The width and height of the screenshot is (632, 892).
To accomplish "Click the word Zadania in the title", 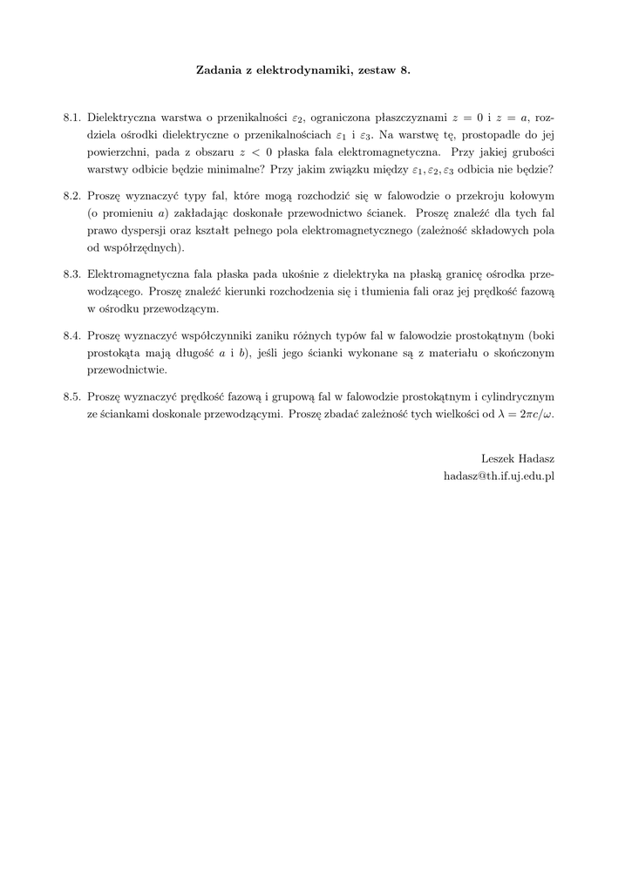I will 220,70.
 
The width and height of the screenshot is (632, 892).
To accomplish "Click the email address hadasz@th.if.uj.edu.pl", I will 499,476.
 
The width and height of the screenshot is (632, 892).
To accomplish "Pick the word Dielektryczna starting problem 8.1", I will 123,117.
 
